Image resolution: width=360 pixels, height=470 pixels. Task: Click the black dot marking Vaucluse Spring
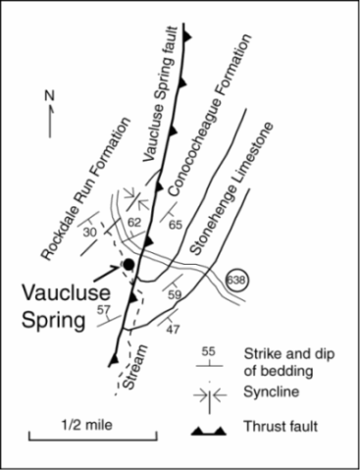127,264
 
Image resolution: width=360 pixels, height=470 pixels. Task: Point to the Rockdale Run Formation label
86,190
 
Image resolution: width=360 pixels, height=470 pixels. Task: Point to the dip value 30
91,232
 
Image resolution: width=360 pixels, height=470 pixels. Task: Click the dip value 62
135,225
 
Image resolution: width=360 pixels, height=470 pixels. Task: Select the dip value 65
176,225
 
